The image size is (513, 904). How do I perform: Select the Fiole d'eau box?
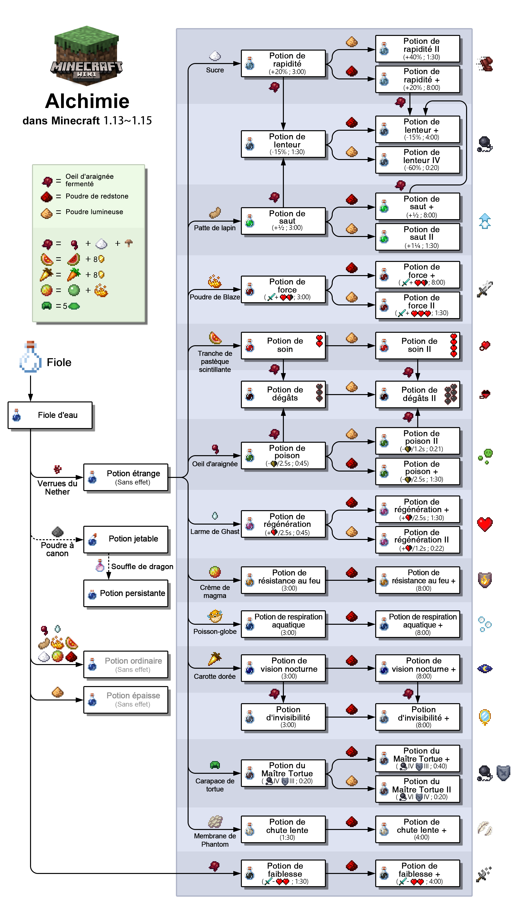pyautogui.click(x=50, y=415)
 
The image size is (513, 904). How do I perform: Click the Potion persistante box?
pyautogui.click(x=126, y=593)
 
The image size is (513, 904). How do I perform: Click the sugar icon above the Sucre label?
pyautogui.click(x=215, y=56)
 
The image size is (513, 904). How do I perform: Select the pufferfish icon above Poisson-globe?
pyautogui.click(x=215, y=616)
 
